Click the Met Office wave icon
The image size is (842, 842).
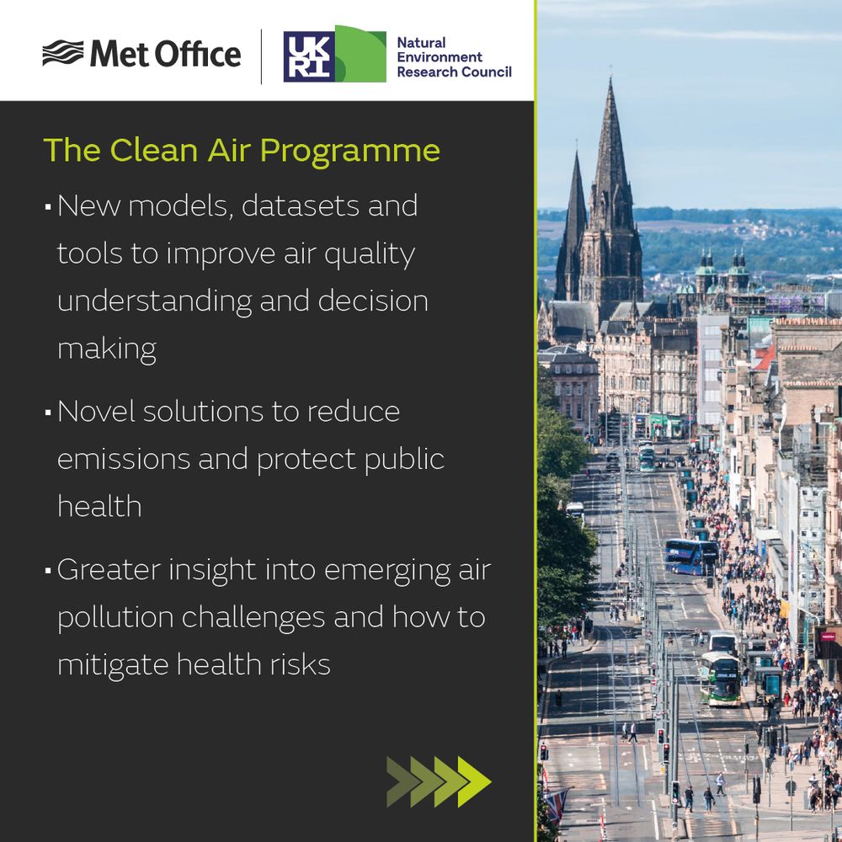coord(63,52)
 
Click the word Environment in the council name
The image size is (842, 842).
coord(440,57)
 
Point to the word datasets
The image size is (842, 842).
coord(300,205)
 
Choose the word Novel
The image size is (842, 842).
coord(95,412)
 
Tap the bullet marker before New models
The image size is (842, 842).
coord(48,206)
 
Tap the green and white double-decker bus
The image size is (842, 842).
coord(720,678)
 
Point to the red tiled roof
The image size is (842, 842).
coord(765,358)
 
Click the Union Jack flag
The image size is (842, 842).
coord(555,803)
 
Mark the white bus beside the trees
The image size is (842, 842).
coord(576,510)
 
